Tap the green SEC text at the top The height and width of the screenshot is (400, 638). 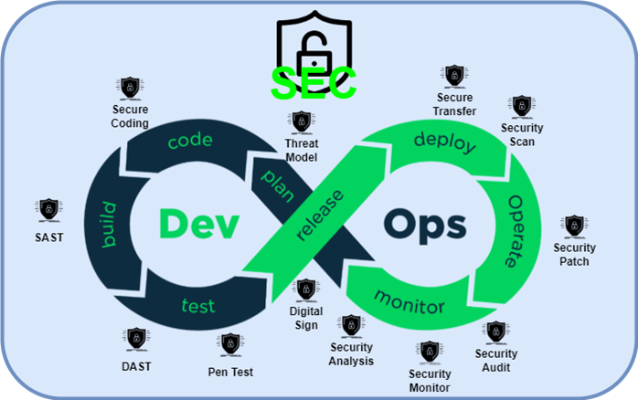313,83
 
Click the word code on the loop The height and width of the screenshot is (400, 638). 189,141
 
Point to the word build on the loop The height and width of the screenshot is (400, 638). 110,225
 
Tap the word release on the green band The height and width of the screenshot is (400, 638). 320,216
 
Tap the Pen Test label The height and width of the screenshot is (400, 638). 230,372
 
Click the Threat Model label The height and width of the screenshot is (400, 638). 301,151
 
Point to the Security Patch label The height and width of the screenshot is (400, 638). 574,254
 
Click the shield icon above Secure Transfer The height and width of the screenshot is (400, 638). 454,76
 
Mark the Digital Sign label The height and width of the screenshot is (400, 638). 306,317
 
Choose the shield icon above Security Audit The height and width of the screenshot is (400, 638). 495,332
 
